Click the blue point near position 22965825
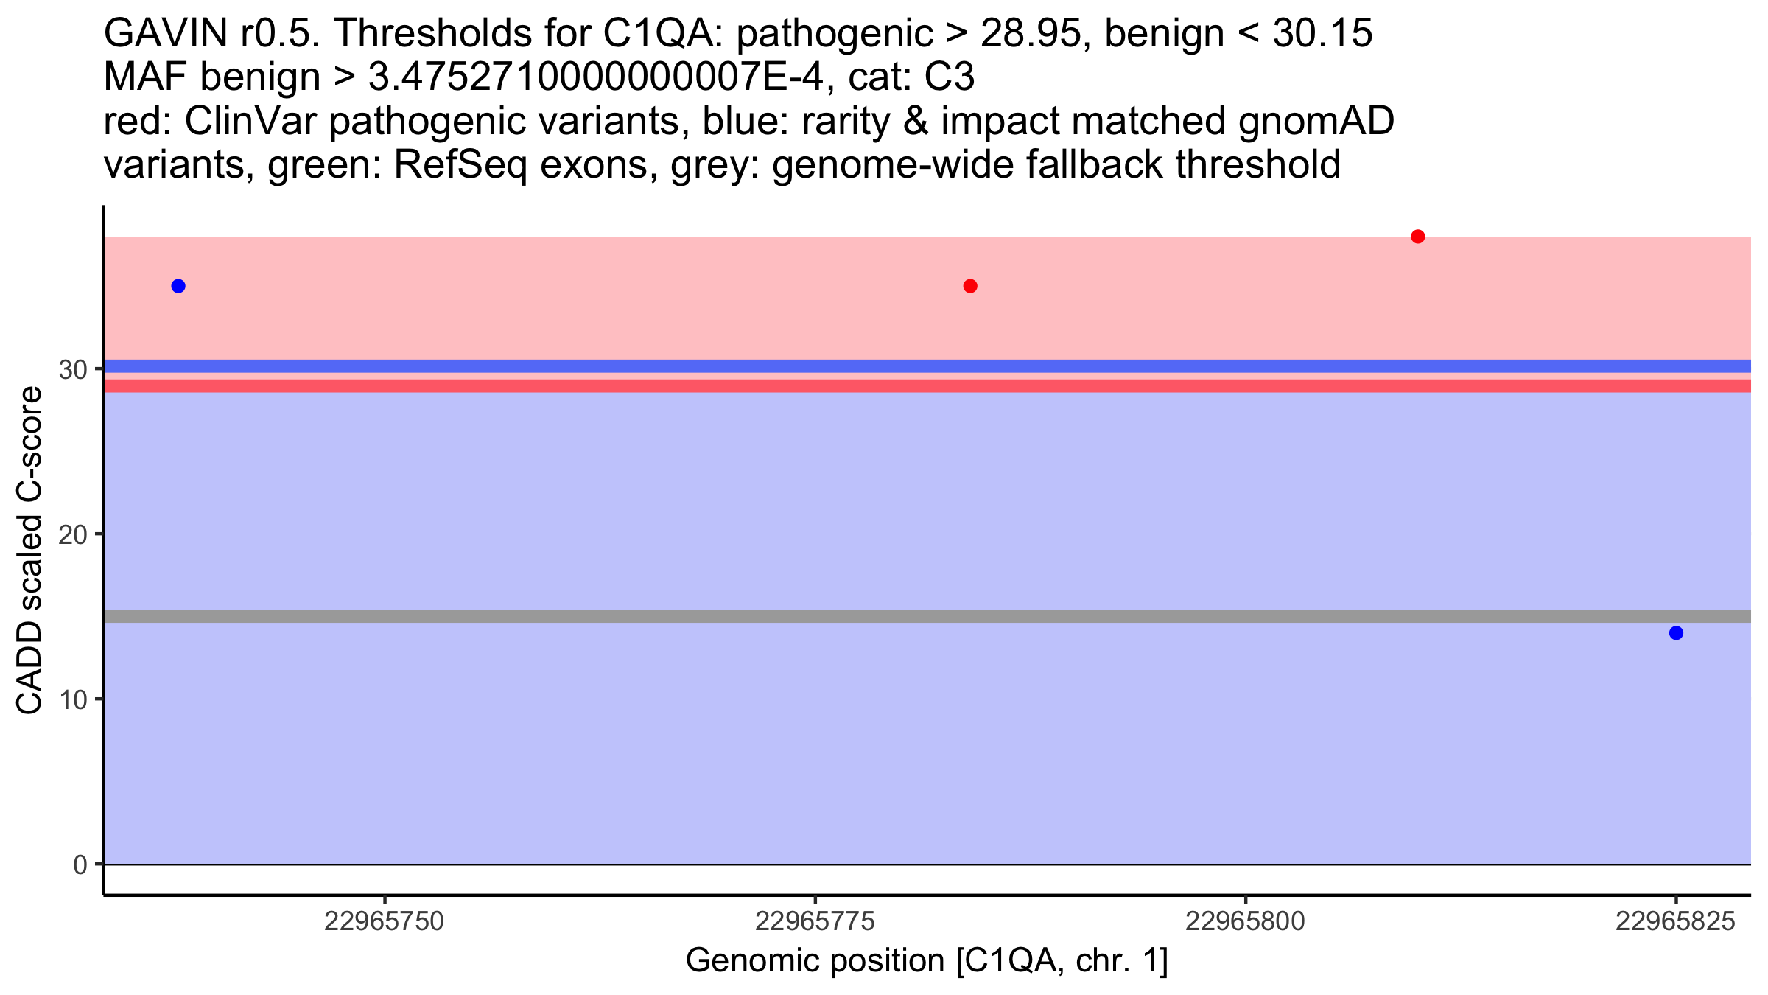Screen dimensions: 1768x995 pos(1676,633)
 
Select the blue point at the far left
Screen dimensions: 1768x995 pos(178,286)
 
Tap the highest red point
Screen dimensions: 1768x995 pos(1418,237)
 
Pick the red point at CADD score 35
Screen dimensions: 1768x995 pos(970,286)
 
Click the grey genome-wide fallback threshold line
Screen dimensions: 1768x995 pos(927,616)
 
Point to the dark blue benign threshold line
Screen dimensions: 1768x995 pos(927,366)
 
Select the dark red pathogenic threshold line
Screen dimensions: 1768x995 pos(927,385)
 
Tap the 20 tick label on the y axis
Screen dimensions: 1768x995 pos(74,534)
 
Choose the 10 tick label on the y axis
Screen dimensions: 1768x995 pos(74,699)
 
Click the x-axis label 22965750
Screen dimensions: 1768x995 pos(385,921)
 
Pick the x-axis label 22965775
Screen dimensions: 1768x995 pos(815,921)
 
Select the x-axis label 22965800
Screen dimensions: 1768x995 pos(1246,921)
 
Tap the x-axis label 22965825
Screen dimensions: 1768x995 pos(1676,921)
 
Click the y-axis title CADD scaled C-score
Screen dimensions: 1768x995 pos(29,551)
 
